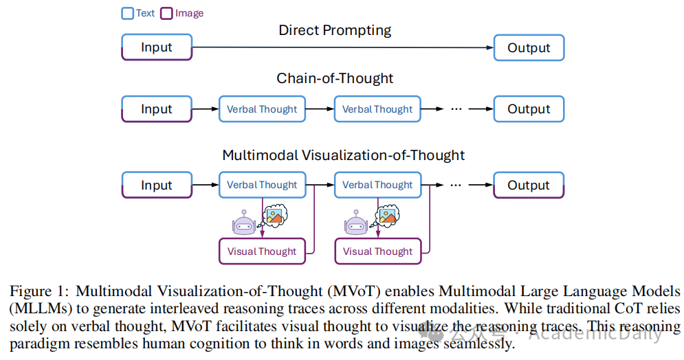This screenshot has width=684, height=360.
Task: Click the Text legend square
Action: pos(128,13)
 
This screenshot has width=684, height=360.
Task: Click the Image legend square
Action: pos(166,13)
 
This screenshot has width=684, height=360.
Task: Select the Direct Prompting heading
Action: pos(335,30)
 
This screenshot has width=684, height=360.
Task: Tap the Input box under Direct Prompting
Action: pos(157,47)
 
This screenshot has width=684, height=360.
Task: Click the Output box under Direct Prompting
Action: pos(529,47)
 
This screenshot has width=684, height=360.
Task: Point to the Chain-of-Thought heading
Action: pos(335,78)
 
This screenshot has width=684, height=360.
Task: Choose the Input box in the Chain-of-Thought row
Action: pos(157,109)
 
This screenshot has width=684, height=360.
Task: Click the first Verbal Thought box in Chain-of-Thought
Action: pos(262,109)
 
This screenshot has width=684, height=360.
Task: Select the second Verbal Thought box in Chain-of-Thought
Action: pos(377,109)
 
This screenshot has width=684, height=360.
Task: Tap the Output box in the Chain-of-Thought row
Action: pos(529,109)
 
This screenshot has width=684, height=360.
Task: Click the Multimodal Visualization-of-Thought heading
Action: pos(343,155)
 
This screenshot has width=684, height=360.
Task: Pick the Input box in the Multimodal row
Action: pos(157,185)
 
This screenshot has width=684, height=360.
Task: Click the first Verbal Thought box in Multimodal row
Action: pos(262,185)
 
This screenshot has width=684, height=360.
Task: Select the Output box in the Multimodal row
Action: pos(529,185)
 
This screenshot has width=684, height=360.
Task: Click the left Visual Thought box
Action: pos(262,251)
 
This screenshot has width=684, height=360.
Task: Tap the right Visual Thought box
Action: pos(377,251)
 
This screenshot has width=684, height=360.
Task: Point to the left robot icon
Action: pos(243,223)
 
